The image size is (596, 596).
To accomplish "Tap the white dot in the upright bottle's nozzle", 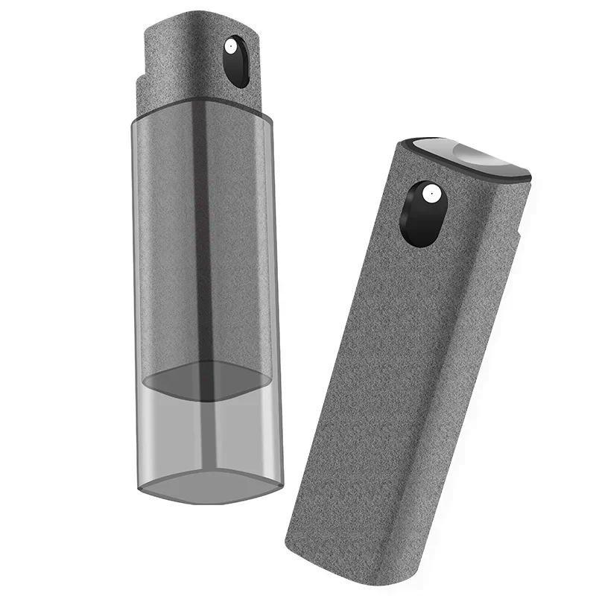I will (x=232, y=47).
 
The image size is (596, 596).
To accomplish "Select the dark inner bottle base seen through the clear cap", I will (x=206, y=380).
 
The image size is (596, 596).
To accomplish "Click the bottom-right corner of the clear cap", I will (x=280, y=484).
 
